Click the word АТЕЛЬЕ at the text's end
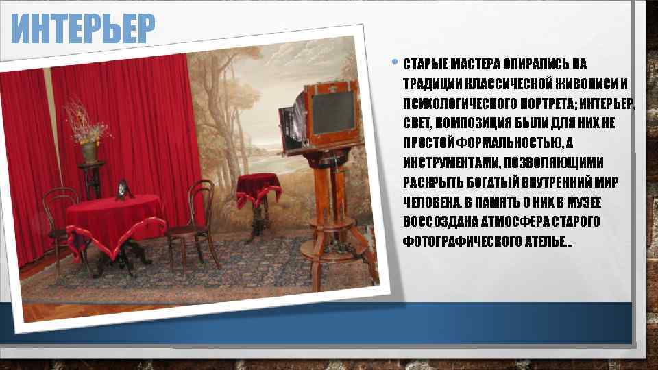545,242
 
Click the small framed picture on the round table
123,190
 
